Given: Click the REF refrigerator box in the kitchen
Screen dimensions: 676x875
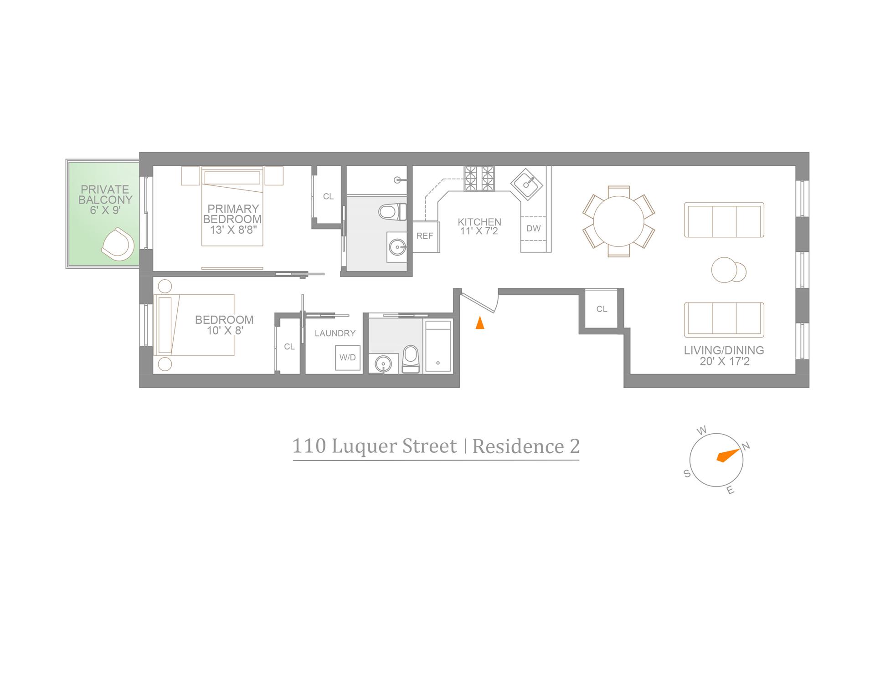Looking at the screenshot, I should coord(425,236).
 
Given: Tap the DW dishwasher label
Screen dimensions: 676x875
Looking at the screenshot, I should coord(533,228).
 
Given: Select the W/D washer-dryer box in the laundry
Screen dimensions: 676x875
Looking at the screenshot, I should coord(347,358).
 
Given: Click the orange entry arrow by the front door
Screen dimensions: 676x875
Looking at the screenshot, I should coord(479,323).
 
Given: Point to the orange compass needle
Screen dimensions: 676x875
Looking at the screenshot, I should coord(727,456).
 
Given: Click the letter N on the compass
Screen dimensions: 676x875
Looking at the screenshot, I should coord(746,446).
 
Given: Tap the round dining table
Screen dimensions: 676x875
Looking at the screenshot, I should coord(618,221).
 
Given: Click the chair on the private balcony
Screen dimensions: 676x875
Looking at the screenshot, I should coord(118,244).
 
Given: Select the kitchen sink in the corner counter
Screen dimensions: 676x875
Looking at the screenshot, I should coord(527,184).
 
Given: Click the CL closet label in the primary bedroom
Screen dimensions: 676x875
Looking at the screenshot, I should coord(328,197).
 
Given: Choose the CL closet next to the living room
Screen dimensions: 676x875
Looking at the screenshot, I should coord(602,309).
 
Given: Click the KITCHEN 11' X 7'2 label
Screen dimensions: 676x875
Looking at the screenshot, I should coord(479,226).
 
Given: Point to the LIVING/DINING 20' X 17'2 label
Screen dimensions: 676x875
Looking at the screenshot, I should coord(724,356).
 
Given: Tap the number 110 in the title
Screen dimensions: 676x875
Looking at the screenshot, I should coord(309,446).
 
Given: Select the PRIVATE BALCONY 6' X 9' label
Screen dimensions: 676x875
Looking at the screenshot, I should coord(105,200).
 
